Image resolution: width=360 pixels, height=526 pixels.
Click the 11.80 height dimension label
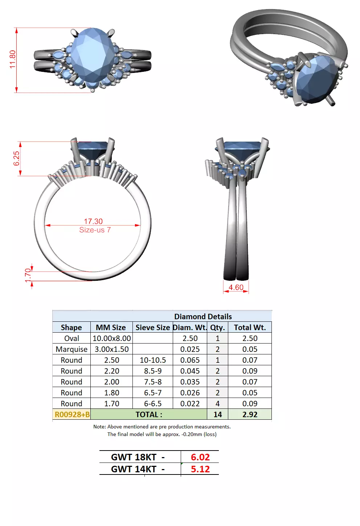(13, 59)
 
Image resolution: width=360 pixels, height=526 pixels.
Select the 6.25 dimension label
(17, 159)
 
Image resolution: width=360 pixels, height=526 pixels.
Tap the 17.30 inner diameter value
(93, 221)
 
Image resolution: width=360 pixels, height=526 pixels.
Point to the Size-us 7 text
(95, 230)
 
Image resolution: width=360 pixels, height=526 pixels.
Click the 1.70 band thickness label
(28, 275)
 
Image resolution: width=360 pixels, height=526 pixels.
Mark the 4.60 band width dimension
(236, 287)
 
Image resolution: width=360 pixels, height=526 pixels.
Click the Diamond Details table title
(202, 316)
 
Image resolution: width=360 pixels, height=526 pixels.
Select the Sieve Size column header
(152, 327)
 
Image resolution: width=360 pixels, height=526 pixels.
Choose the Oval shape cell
(71, 338)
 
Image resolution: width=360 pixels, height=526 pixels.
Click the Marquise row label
(71, 349)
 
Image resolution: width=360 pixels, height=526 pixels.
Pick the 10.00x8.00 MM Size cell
(111, 338)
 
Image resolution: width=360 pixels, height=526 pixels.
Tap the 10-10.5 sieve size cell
(153, 360)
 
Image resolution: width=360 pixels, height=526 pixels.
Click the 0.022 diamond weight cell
(190, 404)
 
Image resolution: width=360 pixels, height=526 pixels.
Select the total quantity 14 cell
(217, 415)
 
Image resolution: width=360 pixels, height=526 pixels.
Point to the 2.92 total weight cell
(250, 415)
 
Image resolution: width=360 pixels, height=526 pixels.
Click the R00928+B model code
(72, 415)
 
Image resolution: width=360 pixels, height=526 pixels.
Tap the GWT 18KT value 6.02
(200, 457)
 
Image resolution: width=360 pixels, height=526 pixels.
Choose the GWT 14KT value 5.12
(200, 469)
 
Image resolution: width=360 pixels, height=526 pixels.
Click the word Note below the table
(99, 427)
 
